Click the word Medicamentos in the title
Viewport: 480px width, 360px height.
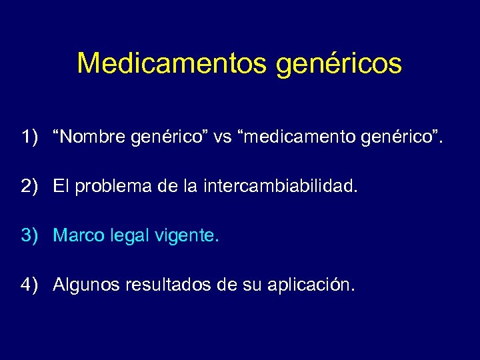pos(170,63)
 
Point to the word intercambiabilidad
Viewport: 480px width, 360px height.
pos(281,187)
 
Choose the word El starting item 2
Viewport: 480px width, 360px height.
pos(61,187)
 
